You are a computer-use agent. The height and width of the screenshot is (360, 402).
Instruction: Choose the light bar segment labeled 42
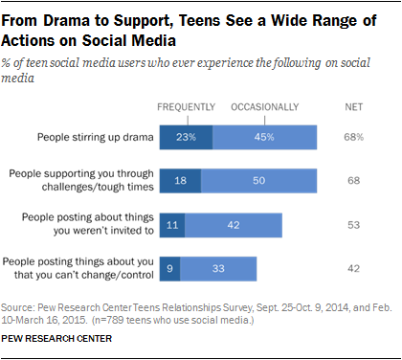pos(233,224)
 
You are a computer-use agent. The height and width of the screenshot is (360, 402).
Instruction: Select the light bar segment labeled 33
pos(219,267)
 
